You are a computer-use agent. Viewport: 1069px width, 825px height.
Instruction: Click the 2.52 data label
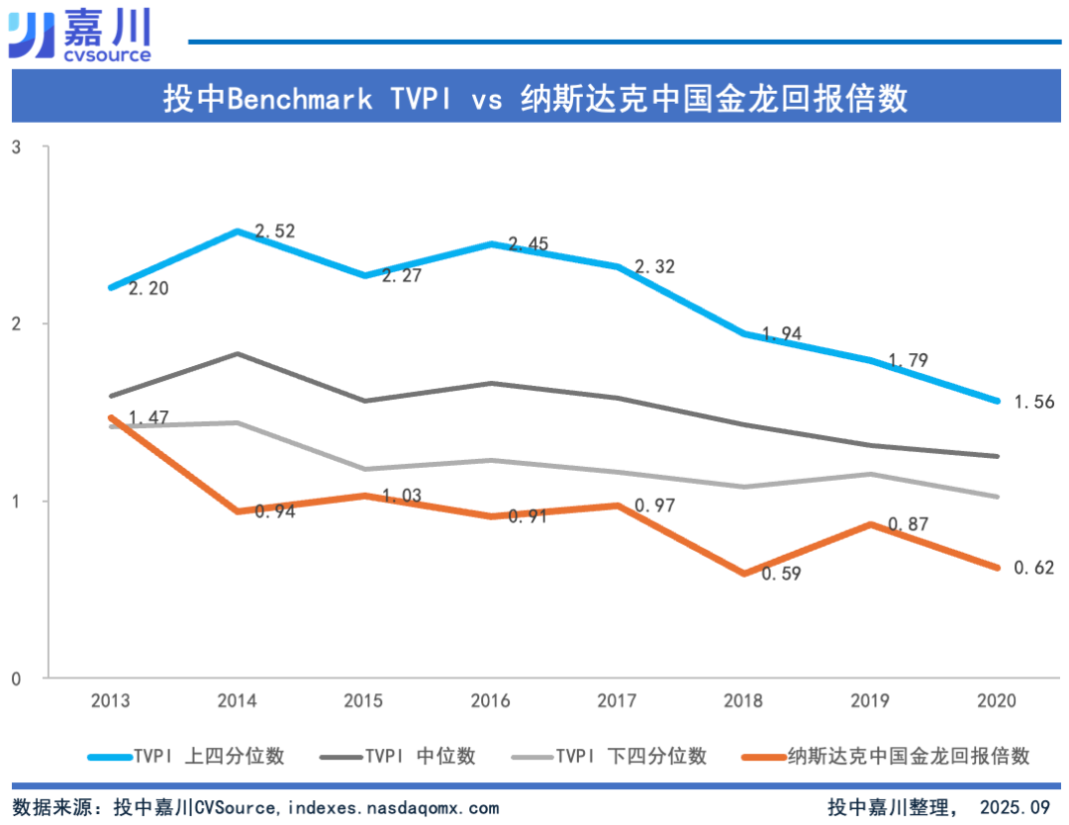275,231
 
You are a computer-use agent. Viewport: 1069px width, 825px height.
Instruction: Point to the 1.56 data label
1034,402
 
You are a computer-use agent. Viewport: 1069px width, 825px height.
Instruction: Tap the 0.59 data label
781,573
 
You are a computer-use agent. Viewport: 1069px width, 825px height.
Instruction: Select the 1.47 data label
149,419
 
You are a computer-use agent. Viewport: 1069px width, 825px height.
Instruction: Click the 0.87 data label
908,524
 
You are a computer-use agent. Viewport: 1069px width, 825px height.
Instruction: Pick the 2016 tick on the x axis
490,701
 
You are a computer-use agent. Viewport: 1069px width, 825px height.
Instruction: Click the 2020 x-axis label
997,701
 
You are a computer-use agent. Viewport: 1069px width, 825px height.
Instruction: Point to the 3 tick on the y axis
17,147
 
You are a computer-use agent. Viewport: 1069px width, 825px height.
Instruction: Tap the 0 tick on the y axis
17,679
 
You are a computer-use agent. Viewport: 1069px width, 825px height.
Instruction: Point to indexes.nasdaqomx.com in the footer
394,808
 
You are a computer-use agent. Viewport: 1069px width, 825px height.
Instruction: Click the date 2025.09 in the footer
1014,808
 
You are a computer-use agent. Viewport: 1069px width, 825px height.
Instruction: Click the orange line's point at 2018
743,573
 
